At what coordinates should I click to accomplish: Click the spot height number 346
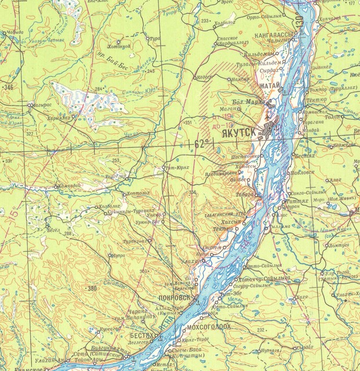(8, 88)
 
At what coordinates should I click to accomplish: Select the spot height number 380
(92, 289)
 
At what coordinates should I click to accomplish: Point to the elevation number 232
(261, 330)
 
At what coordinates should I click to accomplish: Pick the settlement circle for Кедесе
(195, 77)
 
